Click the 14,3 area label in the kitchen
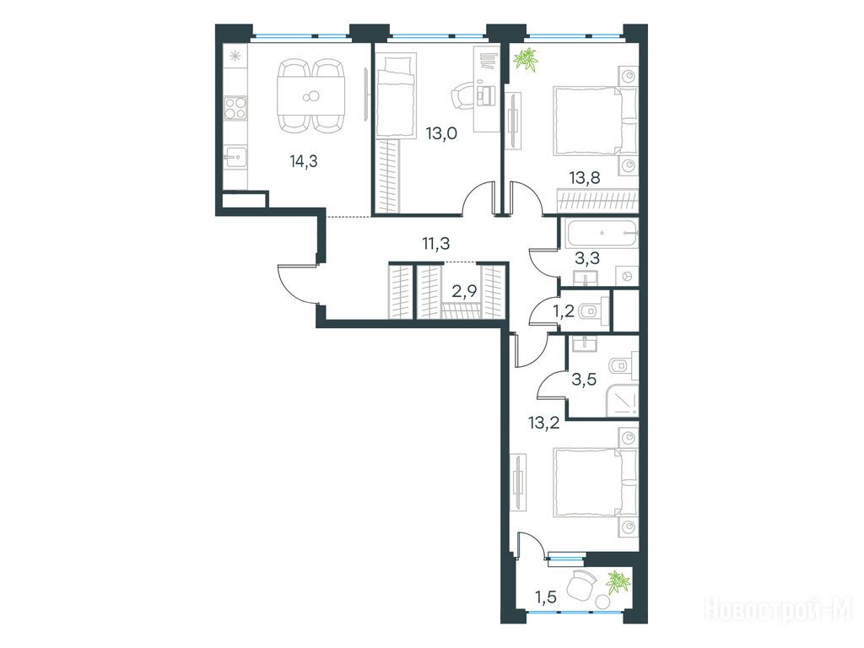(x=304, y=161)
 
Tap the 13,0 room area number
(x=441, y=134)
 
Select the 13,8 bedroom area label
(x=585, y=177)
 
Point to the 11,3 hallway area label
(x=436, y=242)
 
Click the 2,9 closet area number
(x=464, y=290)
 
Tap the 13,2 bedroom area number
(x=544, y=423)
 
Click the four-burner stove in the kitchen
(x=235, y=107)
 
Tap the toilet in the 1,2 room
(x=594, y=311)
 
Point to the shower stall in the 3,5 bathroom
(x=623, y=399)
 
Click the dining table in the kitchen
(x=311, y=96)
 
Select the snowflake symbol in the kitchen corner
(x=235, y=57)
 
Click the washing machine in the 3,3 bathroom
(x=627, y=276)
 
